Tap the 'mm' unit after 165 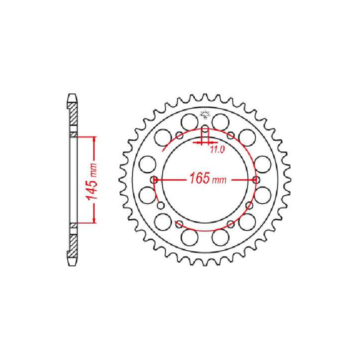point(219,180)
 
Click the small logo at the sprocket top point(205,114)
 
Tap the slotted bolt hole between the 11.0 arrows point(205,133)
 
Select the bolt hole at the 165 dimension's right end point(256,179)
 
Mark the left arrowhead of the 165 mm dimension point(160,179)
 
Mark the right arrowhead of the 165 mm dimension point(251,179)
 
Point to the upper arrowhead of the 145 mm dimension point(93,138)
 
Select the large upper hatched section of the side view point(73,114)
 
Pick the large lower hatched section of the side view point(73,245)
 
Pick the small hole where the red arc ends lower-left point(160,204)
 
